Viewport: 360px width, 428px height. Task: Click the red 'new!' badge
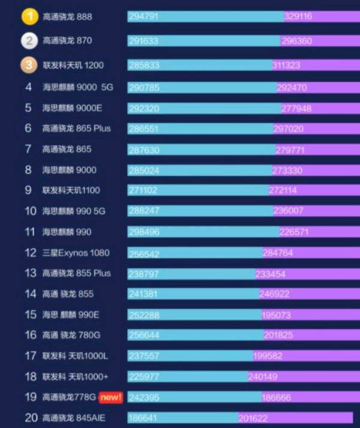[x=111, y=397]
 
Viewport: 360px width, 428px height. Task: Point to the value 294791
[x=143, y=17]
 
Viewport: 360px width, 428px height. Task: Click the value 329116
[x=298, y=17]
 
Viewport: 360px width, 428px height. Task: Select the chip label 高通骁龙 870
[x=67, y=41]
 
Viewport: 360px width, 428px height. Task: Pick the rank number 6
[x=28, y=128]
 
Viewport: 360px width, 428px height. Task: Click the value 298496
[x=145, y=232]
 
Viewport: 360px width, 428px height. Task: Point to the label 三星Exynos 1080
[x=76, y=253]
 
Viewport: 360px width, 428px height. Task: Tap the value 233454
[x=270, y=273]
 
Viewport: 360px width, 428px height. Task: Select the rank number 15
[x=31, y=315]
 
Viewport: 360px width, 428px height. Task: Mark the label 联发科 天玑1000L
[x=75, y=356]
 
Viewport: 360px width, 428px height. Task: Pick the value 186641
[x=143, y=418]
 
